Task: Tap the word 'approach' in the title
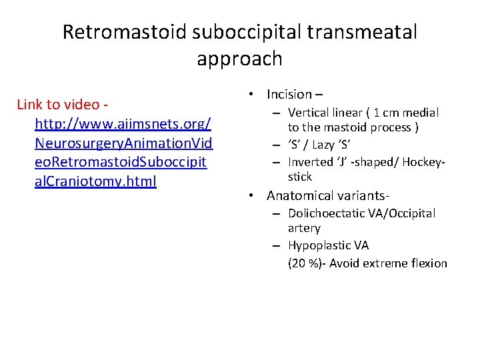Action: point(239,59)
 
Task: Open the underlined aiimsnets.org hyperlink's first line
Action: point(123,123)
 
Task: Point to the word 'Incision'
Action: point(289,94)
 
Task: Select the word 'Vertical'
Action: point(309,113)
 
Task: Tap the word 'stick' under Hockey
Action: point(299,177)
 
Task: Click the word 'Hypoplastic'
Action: point(320,245)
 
